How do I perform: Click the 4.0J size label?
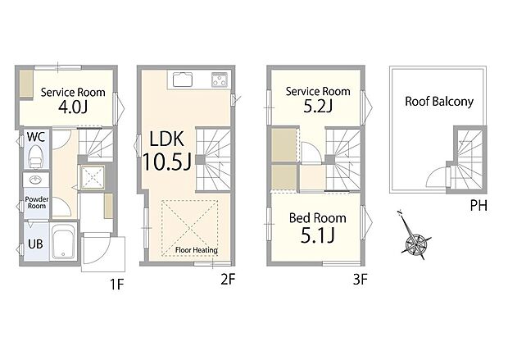point(72,107)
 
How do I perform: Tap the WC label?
point(35,137)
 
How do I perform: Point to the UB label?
point(35,244)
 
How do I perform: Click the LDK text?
point(166,137)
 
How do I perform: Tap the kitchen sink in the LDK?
point(182,80)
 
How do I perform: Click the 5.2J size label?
point(317,107)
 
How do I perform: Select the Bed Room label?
point(316,218)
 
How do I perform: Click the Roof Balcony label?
point(439,102)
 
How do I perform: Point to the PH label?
point(479,205)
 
